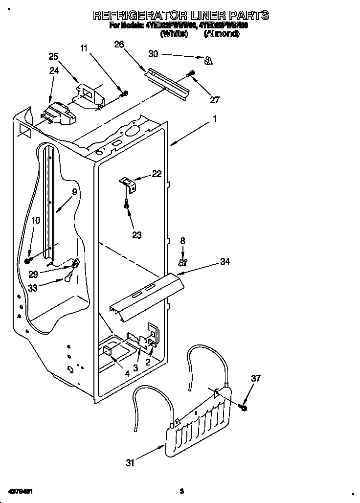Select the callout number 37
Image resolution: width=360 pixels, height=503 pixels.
pyautogui.click(x=256, y=378)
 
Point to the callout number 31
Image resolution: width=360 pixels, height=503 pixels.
pyautogui.click(x=130, y=463)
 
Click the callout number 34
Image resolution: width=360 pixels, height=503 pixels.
pyautogui.click(x=225, y=262)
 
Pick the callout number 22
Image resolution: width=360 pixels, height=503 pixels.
pyautogui.click(x=156, y=173)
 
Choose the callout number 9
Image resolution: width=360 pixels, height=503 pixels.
pyautogui.click(x=74, y=192)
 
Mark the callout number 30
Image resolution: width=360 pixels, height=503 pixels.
pyautogui.click(x=154, y=54)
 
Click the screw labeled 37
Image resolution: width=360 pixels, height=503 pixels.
pyautogui.click(x=243, y=407)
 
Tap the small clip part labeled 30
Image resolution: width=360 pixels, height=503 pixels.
pyautogui.click(x=208, y=60)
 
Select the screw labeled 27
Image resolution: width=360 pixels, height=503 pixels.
pyautogui.click(x=191, y=74)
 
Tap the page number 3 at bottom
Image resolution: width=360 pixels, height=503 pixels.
pyautogui.click(x=181, y=491)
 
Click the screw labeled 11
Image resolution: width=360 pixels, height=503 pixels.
pyautogui.click(x=125, y=93)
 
